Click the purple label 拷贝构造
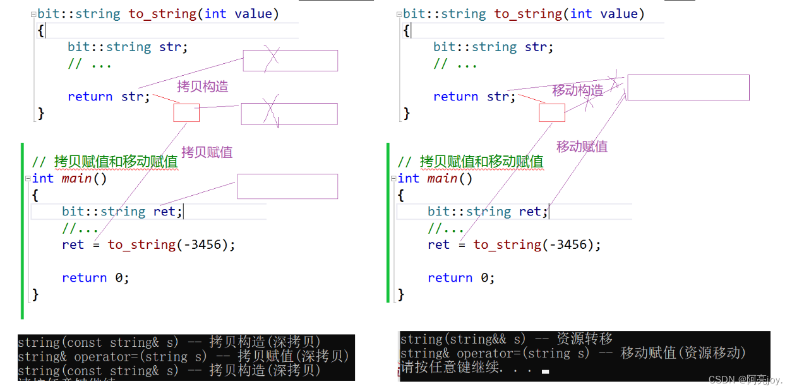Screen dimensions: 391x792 pos(202,87)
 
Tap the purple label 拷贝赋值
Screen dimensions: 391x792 pos(207,152)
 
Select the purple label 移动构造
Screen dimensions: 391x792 pos(577,90)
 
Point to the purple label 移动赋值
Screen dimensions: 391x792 pos(582,147)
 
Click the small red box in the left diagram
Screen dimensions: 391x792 pos(186,113)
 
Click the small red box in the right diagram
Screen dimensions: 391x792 pos(551,113)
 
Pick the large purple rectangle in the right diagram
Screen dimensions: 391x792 pos(688,88)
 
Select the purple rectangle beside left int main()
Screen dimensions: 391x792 pos(287,186)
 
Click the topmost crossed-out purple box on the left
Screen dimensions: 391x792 pos(290,61)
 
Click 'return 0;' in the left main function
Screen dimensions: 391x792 pos(95,278)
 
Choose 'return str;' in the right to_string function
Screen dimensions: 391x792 pos(474,97)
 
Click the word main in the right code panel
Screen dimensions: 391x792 pos(442,179)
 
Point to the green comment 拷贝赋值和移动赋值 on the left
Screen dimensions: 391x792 pos(116,162)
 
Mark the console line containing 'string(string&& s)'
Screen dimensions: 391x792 pos(506,339)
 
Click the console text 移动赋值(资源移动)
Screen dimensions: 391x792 pos(683,353)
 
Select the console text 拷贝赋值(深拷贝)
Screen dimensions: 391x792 pos(293,356)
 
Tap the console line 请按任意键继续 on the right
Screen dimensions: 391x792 pos(467,368)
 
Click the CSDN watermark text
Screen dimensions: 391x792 pos(745,380)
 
